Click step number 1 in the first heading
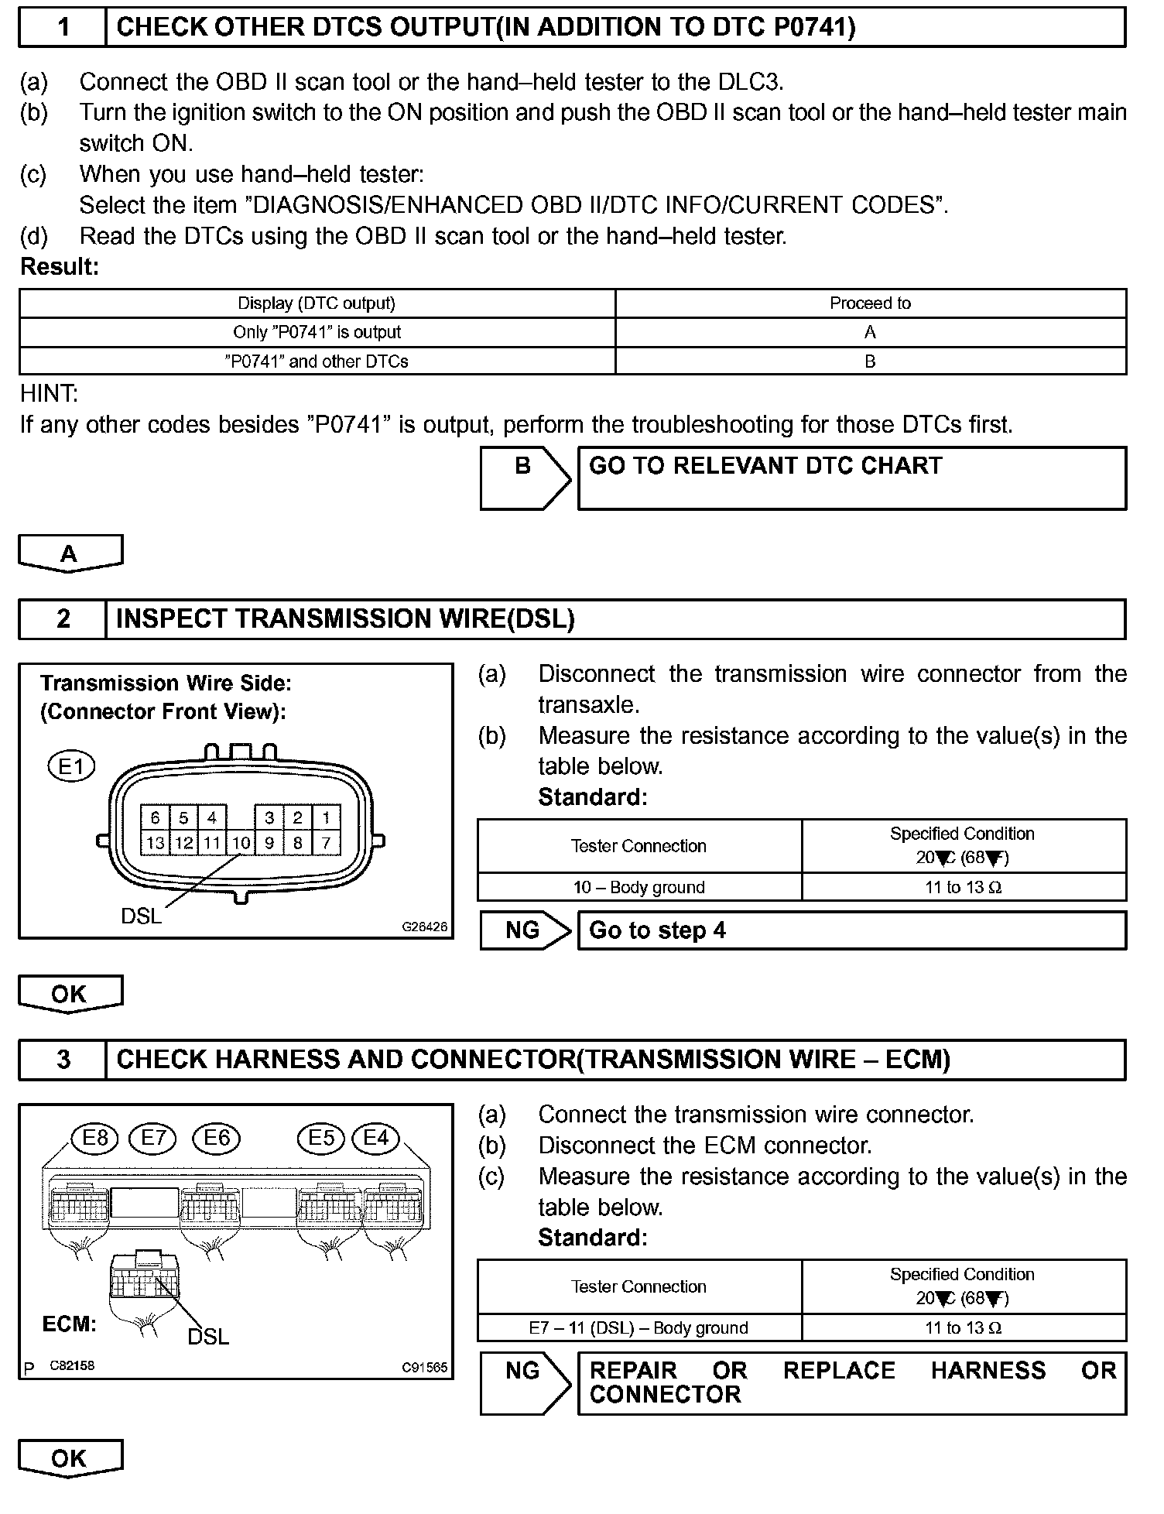coord(63,28)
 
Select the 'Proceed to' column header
coord(870,303)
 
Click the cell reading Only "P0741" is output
coord(317,332)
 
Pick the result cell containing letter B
coord(870,361)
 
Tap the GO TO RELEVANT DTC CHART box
coord(851,478)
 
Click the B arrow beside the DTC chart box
coord(524,478)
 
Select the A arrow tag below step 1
coord(70,553)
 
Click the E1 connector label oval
coord(71,766)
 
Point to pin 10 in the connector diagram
coord(241,843)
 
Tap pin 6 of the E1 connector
coord(155,817)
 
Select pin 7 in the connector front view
coord(326,843)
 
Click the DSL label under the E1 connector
coord(141,916)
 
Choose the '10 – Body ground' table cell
coord(638,887)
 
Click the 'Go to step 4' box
coord(851,930)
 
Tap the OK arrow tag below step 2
coord(70,994)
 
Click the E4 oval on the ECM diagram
coord(375,1137)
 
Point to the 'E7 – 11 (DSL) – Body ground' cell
coord(638,1327)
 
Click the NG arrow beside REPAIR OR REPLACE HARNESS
coord(524,1382)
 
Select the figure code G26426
coord(424,926)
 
